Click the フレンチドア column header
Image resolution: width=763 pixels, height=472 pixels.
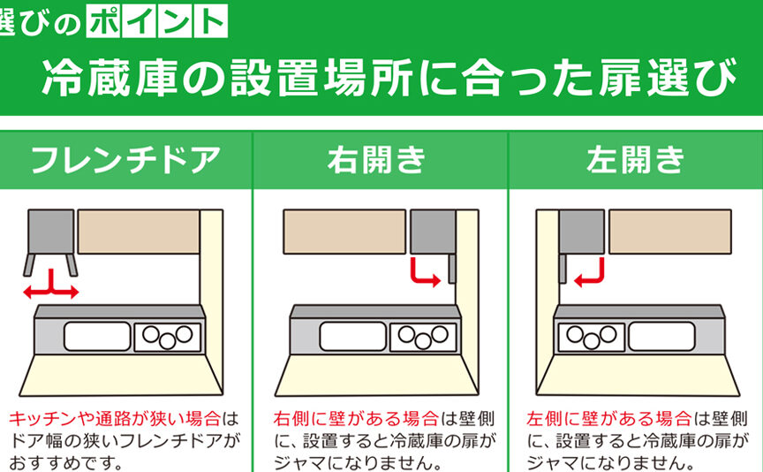pyautogui.click(x=125, y=160)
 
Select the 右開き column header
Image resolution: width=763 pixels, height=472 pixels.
pyautogui.click(x=377, y=160)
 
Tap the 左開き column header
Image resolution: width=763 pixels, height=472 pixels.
pyautogui.click(x=636, y=160)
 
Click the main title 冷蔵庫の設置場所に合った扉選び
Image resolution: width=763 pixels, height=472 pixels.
pyautogui.click(x=389, y=77)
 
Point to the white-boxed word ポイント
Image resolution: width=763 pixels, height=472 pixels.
pyautogui.click(x=156, y=21)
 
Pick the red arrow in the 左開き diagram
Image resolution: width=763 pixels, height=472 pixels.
pyautogui.click(x=589, y=272)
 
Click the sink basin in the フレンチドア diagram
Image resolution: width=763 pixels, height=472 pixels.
pyautogui.click(x=97, y=336)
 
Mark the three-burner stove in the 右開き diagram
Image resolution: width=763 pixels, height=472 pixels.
pyautogui.click(x=423, y=337)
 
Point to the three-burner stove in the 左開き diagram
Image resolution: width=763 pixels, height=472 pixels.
pyautogui.click(x=592, y=337)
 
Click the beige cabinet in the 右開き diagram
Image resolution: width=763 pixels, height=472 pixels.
pyautogui.click(x=344, y=232)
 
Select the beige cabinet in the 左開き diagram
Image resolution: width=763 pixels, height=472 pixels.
pyautogui.click(x=670, y=232)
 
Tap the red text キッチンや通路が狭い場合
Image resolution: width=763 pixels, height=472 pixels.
pyautogui.click(x=115, y=419)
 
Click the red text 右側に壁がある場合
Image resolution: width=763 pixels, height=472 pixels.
pyautogui.click(x=356, y=419)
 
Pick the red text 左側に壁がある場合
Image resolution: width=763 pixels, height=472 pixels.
pyautogui.click(x=609, y=419)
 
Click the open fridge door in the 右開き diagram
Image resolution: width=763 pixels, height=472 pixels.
pyautogui.click(x=452, y=269)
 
